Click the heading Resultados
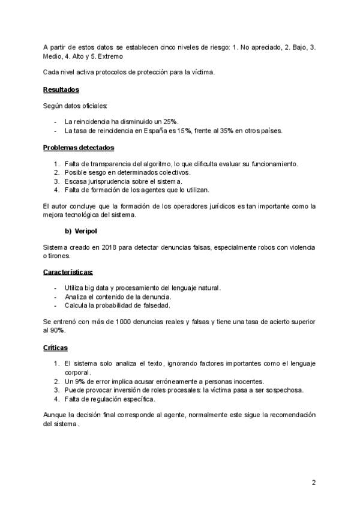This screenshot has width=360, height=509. coord(61,90)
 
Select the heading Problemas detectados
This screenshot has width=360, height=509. coord(79,147)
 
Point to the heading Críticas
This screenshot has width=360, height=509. coord(55,348)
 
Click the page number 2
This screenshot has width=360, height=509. coord(313,482)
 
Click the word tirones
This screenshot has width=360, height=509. coord(56,256)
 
